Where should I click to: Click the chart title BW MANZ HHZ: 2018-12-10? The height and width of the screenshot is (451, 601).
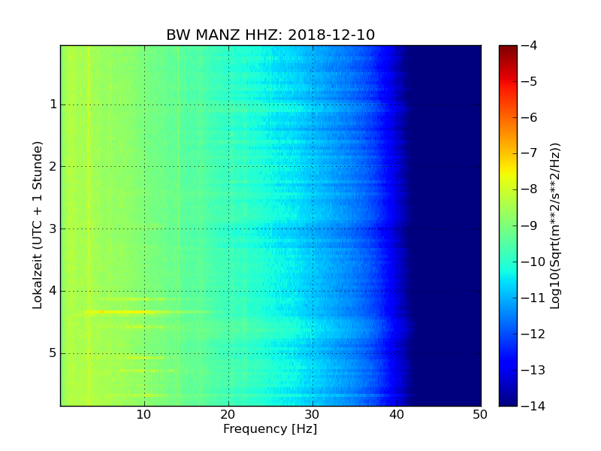click(x=270, y=35)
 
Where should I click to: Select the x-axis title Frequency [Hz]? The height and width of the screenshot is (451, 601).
click(x=270, y=429)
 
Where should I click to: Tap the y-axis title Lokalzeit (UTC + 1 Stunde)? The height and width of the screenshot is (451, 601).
click(x=38, y=225)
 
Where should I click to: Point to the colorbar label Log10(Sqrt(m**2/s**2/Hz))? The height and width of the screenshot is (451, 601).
click(x=555, y=225)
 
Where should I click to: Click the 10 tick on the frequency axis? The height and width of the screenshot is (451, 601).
click(x=144, y=414)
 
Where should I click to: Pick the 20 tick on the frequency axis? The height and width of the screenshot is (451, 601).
click(x=228, y=414)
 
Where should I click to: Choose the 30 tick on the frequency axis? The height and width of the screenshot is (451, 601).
click(x=313, y=414)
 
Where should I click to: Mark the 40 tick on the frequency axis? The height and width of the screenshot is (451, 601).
click(x=397, y=414)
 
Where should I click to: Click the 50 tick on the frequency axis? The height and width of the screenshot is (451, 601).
click(x=480, y=414)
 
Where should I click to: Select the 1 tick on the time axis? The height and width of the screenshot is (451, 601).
click(x=53, y=104)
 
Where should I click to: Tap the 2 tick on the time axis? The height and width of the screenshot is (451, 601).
click(x=53, y=166)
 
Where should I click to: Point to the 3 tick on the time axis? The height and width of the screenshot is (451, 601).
click(x=53, y=229)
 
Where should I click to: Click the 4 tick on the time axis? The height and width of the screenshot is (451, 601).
click(x=53, y=291)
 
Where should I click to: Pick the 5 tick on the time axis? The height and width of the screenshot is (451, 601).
click(x=53, y=353)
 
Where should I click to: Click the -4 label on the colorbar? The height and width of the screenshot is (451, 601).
click(x=529, y=46)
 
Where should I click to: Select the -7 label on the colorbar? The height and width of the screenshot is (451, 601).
click(x=529, y=153)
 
